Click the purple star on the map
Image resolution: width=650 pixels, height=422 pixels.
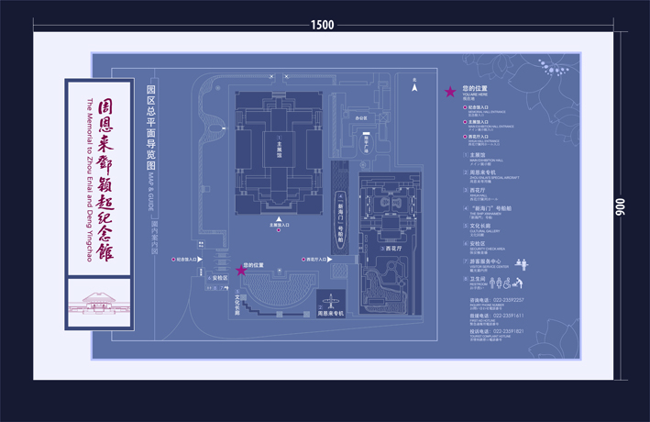point(241,270)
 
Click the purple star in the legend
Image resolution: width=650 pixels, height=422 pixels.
point(450,92)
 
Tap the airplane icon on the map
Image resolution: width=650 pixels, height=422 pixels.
point(330,300)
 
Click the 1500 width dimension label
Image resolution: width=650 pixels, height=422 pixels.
point(323,25)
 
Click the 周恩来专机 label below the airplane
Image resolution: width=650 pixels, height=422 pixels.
point(330,314)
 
